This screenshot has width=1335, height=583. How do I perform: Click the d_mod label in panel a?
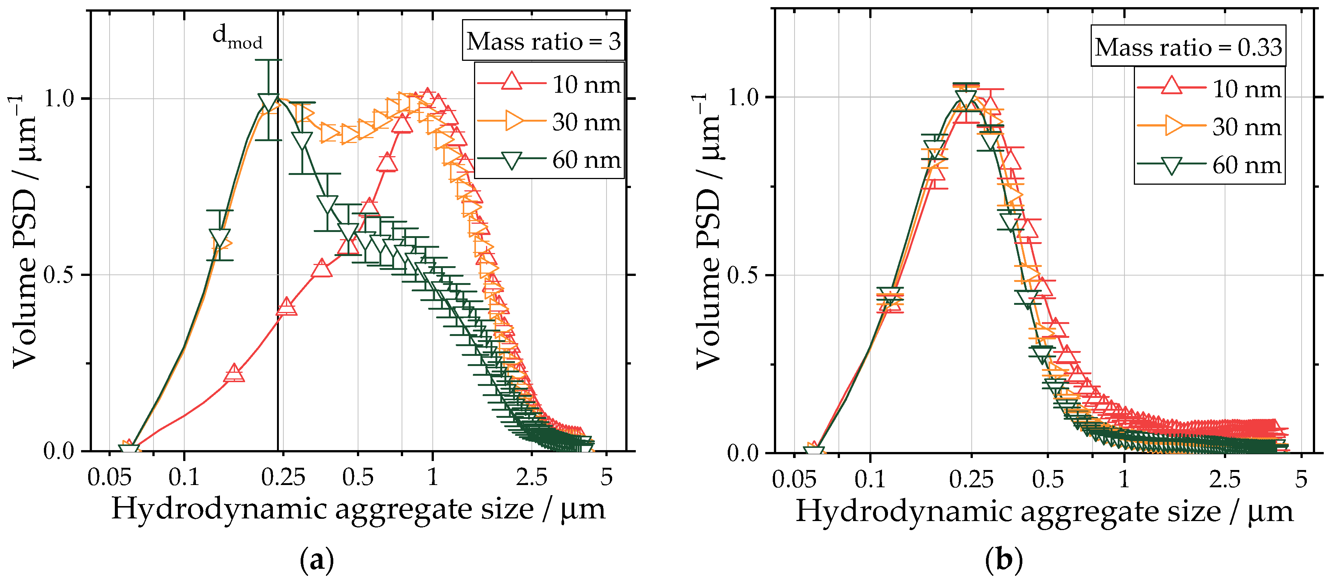point(237,37)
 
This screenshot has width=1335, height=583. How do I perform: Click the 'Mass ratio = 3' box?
point(543,41)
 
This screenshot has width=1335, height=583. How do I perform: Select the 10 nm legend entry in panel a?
point(549,84)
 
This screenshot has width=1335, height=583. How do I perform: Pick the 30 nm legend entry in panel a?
point(549,122)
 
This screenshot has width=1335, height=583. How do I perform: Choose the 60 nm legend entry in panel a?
point(549,160)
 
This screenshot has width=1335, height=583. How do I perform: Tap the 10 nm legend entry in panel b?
point(1209,89)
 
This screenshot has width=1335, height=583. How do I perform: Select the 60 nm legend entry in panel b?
point(1209,165)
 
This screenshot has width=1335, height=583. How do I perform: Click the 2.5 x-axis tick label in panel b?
point(1225,479)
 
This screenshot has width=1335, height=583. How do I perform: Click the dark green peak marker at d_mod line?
point(268,102)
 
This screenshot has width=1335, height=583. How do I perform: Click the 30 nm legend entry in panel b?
point(1209,127)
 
